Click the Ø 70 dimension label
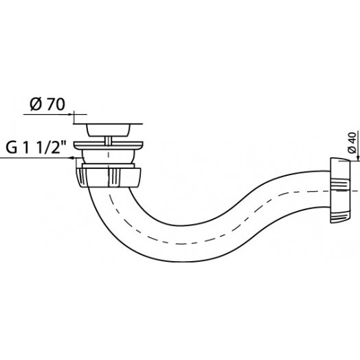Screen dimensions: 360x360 tap(47, 104)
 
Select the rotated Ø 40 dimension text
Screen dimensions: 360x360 tap(352, 142)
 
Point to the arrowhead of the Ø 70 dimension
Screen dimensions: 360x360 tap(71, 114)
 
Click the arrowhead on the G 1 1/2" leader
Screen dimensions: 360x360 tap(72, 158)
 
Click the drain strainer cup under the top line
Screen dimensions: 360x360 tap(108, 130)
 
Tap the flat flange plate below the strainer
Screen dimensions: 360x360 tap(108, 145)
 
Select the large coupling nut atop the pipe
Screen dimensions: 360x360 tap(108, 177)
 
